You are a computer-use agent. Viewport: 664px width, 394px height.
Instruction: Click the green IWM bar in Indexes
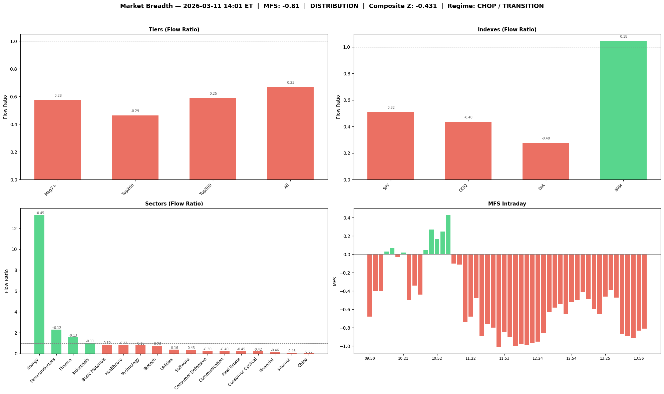(623, 110)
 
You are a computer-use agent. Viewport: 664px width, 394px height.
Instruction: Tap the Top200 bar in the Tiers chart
(135, 147)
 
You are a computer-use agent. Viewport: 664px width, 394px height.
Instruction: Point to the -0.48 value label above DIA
(546, 138)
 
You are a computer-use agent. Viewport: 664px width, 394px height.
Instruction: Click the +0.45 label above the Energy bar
(39, 213)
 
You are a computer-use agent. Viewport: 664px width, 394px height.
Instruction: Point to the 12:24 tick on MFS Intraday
(538, 358)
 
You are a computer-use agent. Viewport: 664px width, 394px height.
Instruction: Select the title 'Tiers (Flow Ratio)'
(174, 30)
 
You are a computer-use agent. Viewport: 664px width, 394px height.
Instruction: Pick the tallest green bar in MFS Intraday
(448, 235)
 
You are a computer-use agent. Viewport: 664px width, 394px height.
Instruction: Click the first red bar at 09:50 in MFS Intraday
(369, 285)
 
